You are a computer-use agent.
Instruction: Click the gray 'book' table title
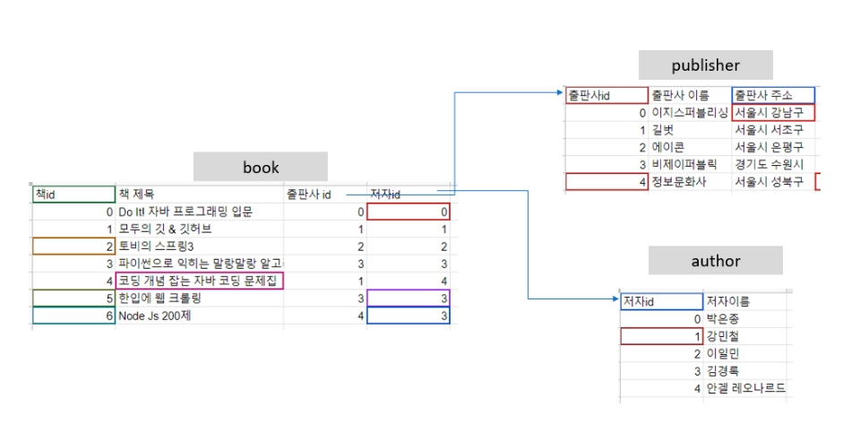click(261, 167)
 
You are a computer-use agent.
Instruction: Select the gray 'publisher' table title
click(705, 65)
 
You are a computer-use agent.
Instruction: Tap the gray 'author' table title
click(716, 261)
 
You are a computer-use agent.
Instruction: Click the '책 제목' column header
click(136, 194)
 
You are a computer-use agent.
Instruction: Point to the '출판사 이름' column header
click(680, 94)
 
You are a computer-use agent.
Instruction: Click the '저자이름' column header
click(728, 301)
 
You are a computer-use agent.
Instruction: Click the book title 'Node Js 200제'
click(150, 316)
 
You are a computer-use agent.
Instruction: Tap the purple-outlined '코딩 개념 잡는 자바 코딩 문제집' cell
click(200, 281)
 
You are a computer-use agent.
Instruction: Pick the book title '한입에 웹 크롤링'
click(159, 298)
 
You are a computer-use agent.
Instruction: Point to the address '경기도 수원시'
click(768, 165)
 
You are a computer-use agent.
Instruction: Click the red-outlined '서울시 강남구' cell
click(772, 113)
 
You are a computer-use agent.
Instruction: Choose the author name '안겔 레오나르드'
click(745, 388)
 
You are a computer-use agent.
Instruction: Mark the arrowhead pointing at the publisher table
click(558, 91)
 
